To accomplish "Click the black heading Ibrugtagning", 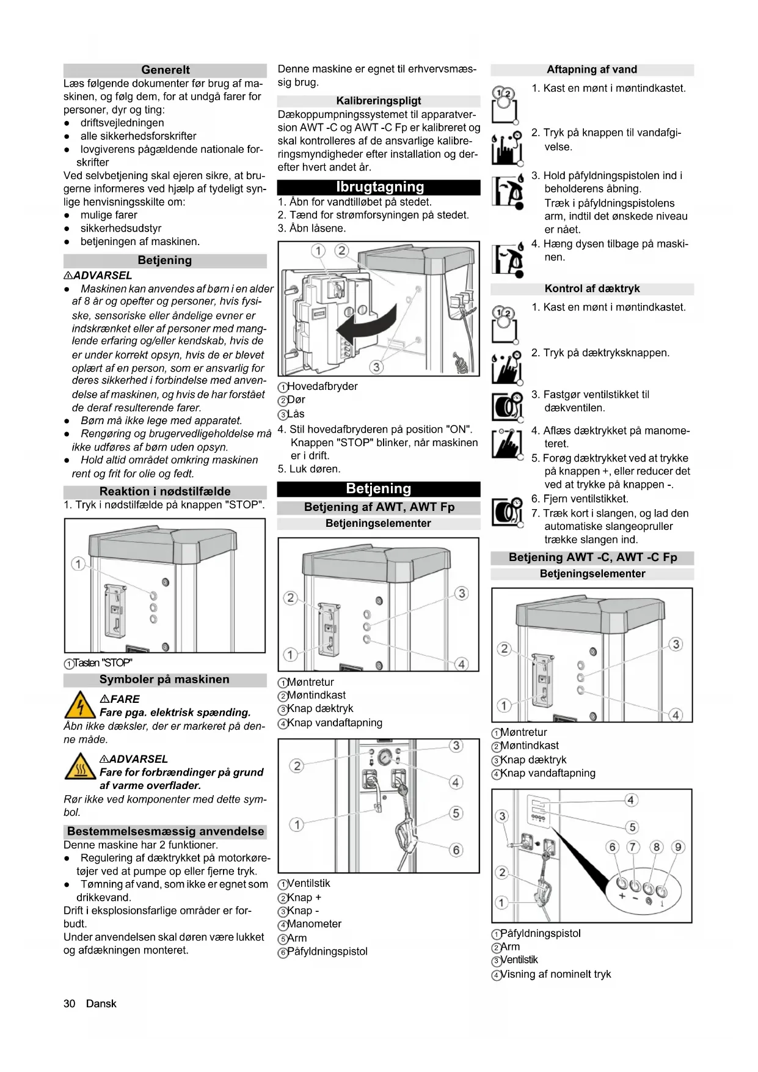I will pos(379,187).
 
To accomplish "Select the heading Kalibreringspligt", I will pos(379,101).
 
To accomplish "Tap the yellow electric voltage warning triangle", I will pos(79,705).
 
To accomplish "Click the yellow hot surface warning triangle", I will pos(79,766).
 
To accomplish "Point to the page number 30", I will pos(69,1004).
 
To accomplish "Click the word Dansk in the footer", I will pos(101,1004).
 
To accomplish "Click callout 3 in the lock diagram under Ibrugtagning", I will pos(377,367).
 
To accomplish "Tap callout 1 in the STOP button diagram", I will pos(78,564).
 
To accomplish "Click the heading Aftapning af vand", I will pos(592,70).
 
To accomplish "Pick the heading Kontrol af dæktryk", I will pos(592,288).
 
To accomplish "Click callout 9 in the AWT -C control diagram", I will pos(678,847).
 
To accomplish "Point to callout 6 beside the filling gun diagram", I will pos(456,850).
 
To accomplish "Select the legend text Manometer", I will pos(314,924).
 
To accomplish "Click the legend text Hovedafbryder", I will pos(323,386).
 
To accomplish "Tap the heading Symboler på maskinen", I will pos(164,680).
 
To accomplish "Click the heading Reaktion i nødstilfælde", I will pos(165,491).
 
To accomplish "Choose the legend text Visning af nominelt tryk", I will pos(555,974).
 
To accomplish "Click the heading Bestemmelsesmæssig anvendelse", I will pos(166,831).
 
